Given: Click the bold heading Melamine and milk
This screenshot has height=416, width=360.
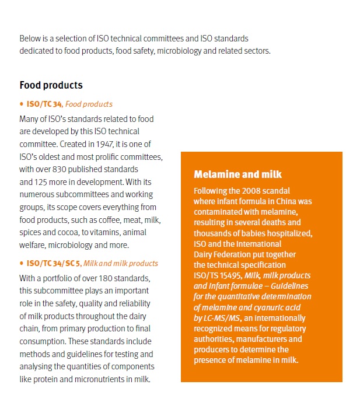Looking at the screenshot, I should click(237, 174).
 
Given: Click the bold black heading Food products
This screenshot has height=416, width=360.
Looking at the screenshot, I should click(51, 85).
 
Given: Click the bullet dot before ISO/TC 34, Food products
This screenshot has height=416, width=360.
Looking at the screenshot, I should click(22, 104).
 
